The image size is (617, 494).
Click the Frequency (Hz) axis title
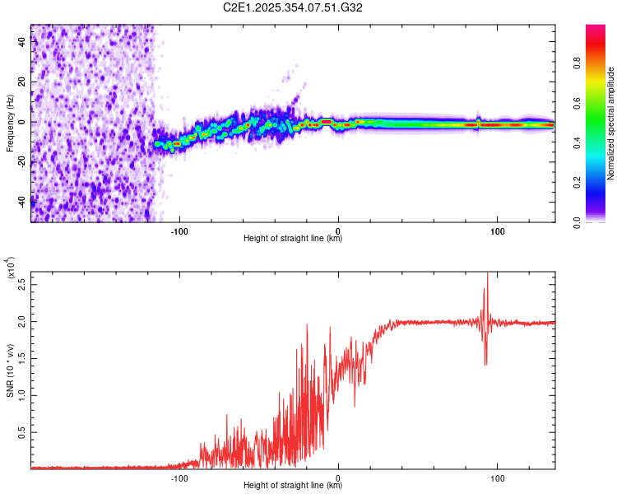pos(10,123)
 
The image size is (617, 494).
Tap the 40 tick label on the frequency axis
pos(22,43)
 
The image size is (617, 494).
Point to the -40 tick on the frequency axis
pos(22,201)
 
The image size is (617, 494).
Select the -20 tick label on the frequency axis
pos(22,161)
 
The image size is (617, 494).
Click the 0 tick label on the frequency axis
pos(22,122)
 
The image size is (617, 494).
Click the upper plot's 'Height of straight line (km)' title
pos(293,239)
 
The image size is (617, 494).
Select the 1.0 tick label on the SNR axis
pos(22,394)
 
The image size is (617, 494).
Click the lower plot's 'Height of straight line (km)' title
pos(293,486)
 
